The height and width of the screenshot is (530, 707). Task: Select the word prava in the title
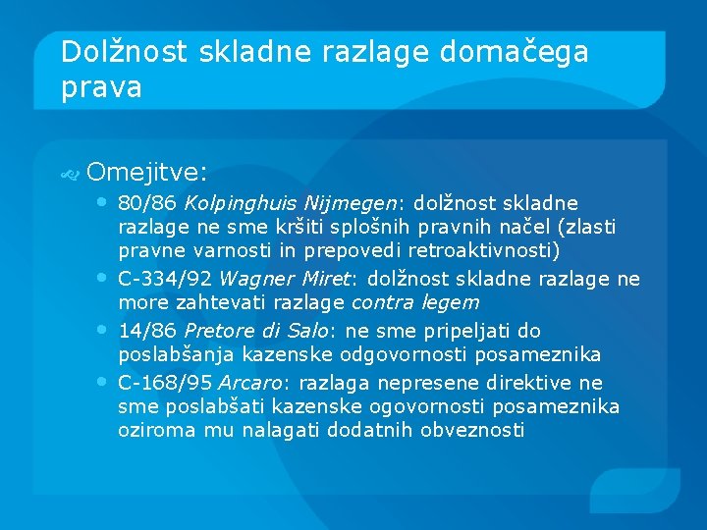pos(101,86)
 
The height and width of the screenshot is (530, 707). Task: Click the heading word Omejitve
pos(146,173)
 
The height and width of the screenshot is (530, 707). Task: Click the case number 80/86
pos(146,204)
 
